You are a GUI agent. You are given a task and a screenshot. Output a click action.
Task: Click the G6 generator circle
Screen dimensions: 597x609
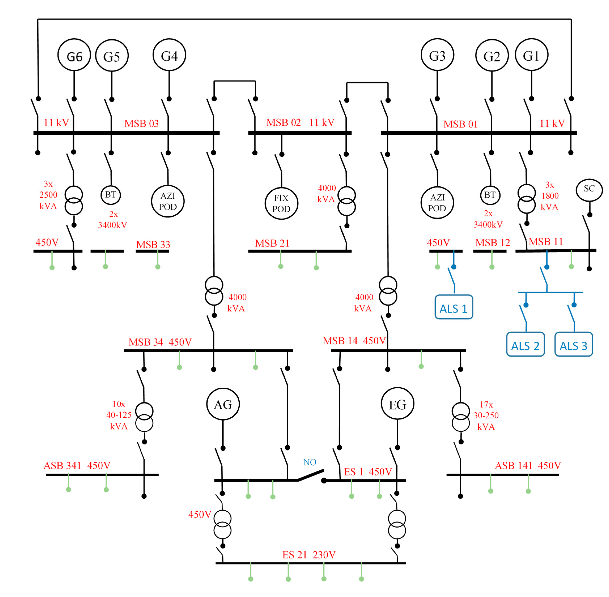tap(74, 55)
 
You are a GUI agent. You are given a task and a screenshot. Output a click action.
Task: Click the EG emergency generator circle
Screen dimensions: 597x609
tap(397, 404)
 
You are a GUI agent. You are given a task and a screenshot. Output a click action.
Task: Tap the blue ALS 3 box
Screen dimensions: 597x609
tap(573, 344)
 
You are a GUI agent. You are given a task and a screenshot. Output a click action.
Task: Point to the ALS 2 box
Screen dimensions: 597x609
tap(525, 344)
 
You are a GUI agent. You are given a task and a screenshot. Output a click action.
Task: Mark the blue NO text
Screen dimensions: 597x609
tap(310, 462)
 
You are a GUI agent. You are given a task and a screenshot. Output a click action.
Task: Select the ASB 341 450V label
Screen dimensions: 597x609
tap(77, 465)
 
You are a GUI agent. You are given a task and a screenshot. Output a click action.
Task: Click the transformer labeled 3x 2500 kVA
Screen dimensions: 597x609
tap(74, 200)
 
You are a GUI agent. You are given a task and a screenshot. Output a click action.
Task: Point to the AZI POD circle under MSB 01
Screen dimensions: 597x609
tap(437, 202)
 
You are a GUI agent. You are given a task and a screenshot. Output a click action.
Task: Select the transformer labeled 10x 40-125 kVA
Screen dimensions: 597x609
tap(144, 417)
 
